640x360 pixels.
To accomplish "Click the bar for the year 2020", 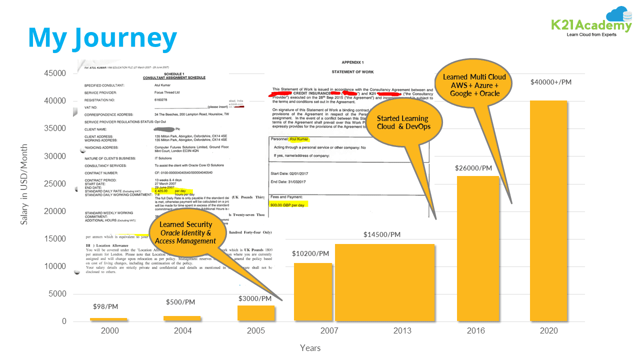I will coord(548,210).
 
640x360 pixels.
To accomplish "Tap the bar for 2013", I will coord(384,282).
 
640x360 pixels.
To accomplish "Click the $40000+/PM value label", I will coord(550,81).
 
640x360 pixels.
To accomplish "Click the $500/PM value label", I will coord(180,302).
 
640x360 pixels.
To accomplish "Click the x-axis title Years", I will coord(310,347).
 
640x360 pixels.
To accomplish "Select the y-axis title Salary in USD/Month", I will coord(24,184).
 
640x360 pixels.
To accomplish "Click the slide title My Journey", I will coord(102,38).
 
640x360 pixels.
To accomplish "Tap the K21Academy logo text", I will coord(591,26).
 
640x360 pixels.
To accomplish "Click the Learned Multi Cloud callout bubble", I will coord(474,84).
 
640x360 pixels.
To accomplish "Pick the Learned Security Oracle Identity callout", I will coord(185,232).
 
